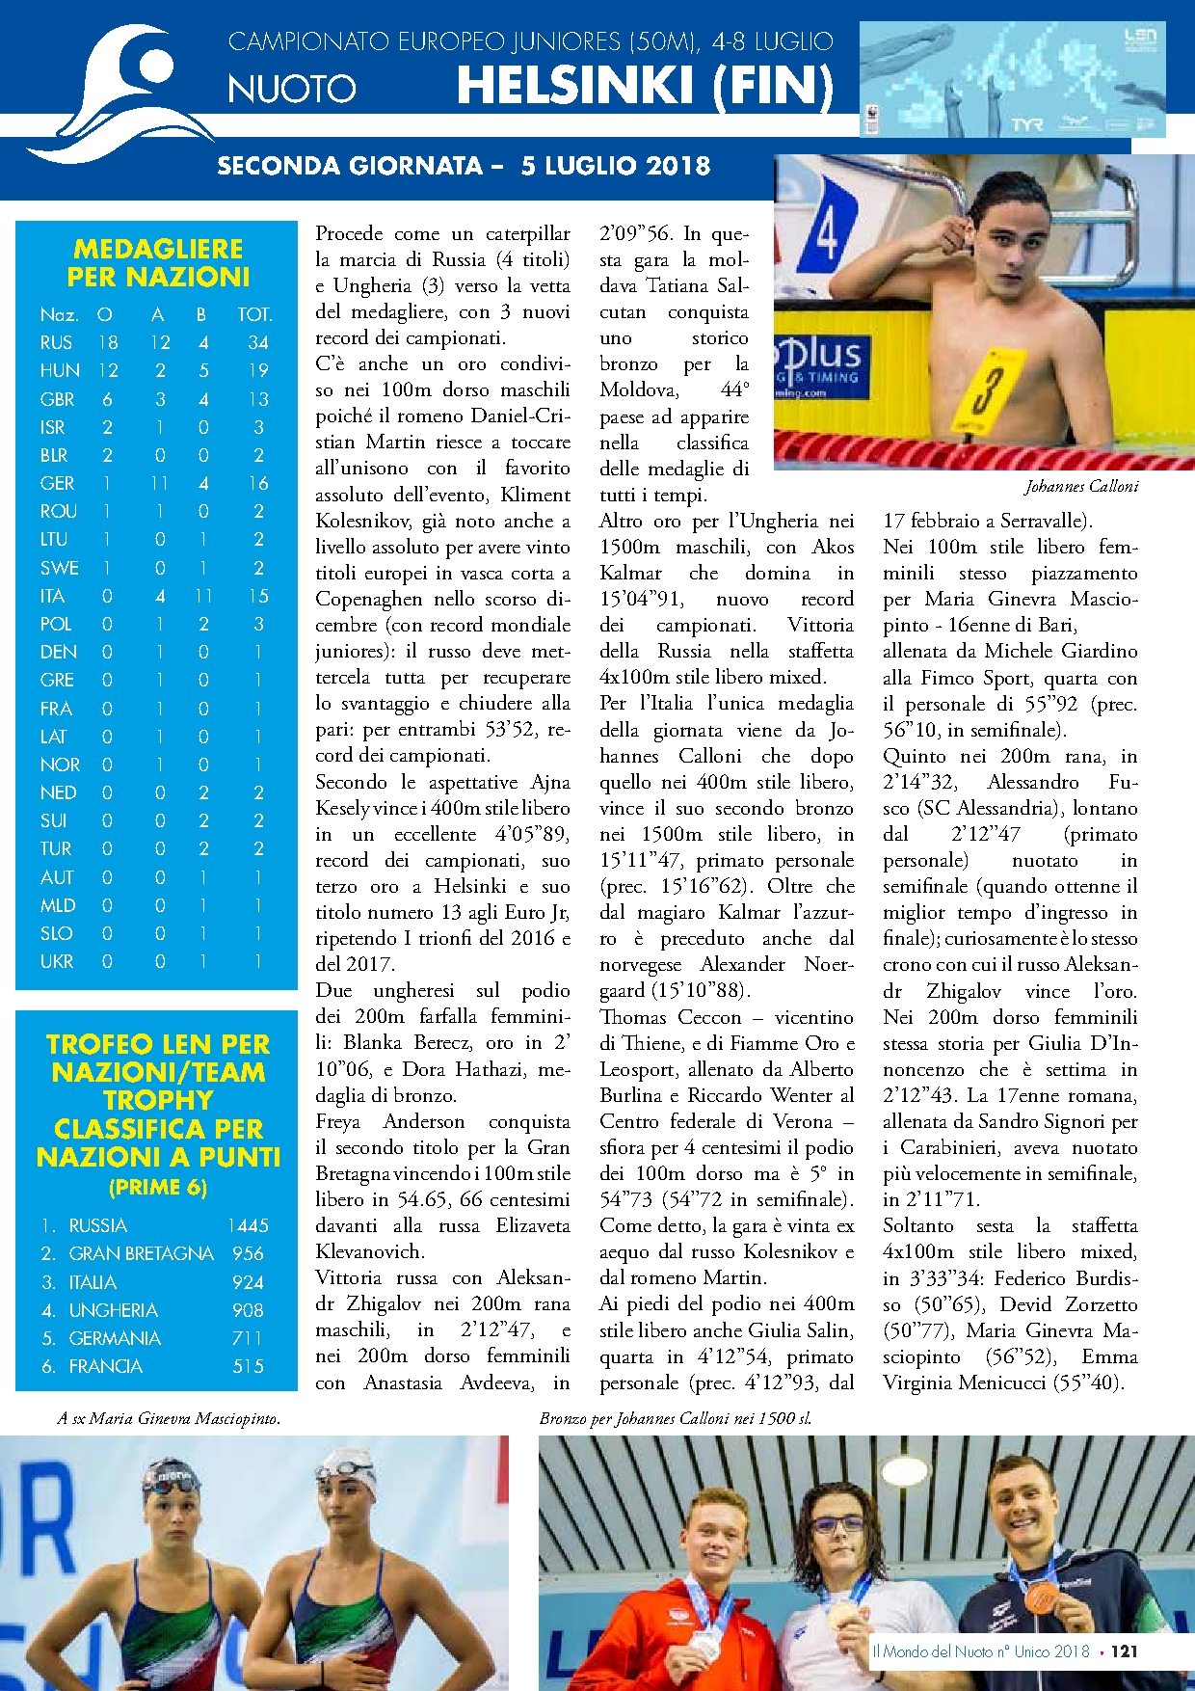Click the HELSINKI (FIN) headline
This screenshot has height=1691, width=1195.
pos(645,86)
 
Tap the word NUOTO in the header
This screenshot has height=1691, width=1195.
pos(292,90)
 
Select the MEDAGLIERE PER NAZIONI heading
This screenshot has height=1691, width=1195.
pos(158,263)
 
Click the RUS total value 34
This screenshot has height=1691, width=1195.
pos(257,342)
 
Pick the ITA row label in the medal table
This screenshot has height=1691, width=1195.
pos(52,596)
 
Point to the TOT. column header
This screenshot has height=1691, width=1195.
pos(254,314)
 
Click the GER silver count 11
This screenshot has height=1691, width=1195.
pos(159,483)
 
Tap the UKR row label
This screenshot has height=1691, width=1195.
pos(56,961)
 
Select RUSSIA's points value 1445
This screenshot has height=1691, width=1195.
pos(248,1225)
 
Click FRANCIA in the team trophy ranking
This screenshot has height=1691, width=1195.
pos(105,1366)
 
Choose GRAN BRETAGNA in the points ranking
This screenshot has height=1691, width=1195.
pos(141,1253)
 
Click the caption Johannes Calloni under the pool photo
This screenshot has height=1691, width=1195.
pos(1080,487)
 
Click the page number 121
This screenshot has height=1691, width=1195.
pos(1124,1651)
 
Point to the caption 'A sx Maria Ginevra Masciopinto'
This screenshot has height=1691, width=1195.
pos(169,1418)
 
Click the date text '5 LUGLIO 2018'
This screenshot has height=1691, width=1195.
pos(615,166)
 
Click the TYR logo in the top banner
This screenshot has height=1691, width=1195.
pos(1027,124)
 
